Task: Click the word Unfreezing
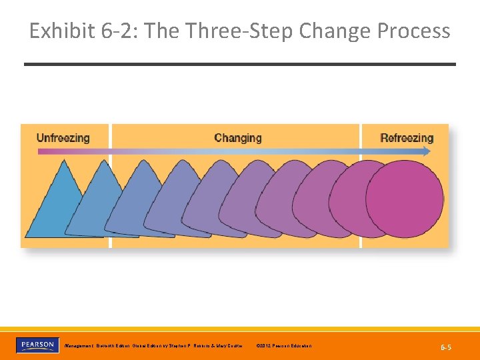(63, 138)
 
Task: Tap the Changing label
(238, 138)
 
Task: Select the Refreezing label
(407, 138)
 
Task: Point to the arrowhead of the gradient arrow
(427, 151)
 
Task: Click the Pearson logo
(37, 345)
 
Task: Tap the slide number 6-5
(445, 347)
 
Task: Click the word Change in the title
(335, 31)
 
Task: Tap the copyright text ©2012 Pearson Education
(283, 345)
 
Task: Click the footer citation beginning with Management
(153, 345)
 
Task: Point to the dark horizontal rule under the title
(240, 64)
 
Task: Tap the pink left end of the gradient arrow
(41, 151)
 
